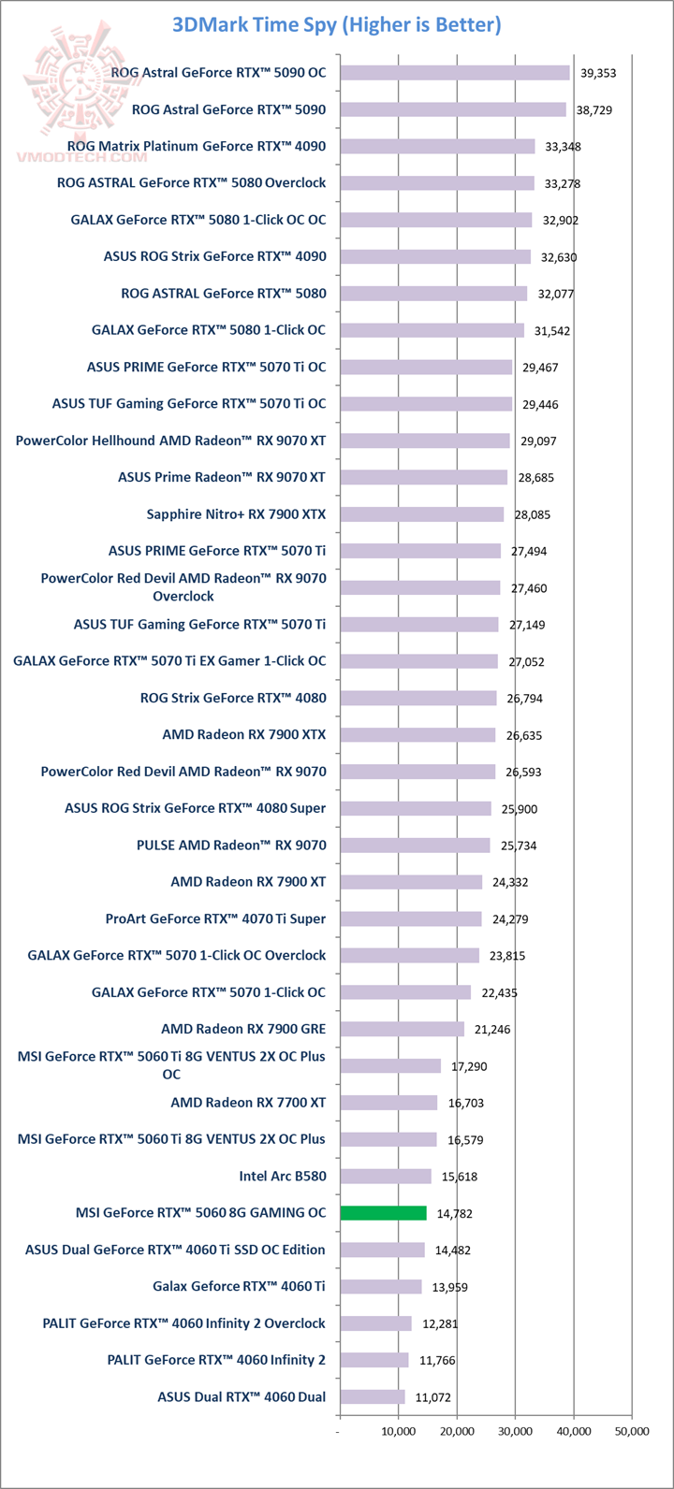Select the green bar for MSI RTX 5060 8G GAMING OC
(383, 1213)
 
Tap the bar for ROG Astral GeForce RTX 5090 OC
(454, 73)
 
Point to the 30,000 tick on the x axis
(515, 1431)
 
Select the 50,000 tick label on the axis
(631, 1431)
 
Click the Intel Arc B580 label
(283, 1176)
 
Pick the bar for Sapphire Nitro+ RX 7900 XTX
(421, 514)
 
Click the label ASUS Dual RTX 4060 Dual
(242, 1396)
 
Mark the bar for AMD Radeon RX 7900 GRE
(402, 1029)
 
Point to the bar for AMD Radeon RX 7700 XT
(388, 1103)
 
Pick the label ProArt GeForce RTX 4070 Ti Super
(215, 918)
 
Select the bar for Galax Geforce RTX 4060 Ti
(380, 1286)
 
